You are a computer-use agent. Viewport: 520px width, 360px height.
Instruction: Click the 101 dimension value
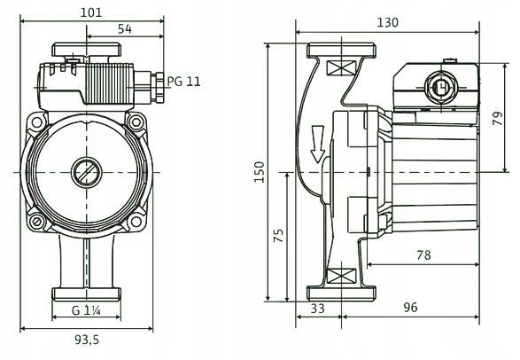[x=91, y=12]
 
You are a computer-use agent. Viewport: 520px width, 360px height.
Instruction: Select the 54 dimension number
[x=125, y=29]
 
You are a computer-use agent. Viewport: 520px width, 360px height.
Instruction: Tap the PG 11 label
[x=183, y=82]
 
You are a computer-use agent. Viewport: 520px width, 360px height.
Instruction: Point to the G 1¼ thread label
[x=86, y=310]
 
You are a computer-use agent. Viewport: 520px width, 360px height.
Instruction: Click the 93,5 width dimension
[x=87, y=340]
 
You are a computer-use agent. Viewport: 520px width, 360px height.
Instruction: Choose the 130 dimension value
[x=387, y=22]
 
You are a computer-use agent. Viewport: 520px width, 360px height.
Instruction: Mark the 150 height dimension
[x=260, y=172]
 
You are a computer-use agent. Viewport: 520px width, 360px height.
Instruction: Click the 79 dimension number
[x=498, y=118]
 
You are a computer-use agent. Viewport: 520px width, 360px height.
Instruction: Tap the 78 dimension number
[x=423, y=255]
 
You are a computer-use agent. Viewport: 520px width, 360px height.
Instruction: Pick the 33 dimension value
[x=317, y=309]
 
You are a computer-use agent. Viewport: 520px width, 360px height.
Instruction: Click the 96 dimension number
[x=410, y=308]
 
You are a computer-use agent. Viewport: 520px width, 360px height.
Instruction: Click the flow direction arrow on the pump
[x=317, y=144]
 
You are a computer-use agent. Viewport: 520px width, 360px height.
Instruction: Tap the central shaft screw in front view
[x=87, y=172]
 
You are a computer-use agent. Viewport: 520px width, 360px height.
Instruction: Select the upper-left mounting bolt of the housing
[x=37, y=122]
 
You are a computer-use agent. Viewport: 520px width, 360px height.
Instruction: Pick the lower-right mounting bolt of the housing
[x=136, y=221]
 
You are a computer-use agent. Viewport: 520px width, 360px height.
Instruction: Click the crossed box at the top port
[x=341, y=68]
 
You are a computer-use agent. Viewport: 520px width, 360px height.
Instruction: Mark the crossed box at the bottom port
[x=341, y=276]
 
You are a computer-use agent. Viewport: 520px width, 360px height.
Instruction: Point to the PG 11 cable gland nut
[x=159, y=88]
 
